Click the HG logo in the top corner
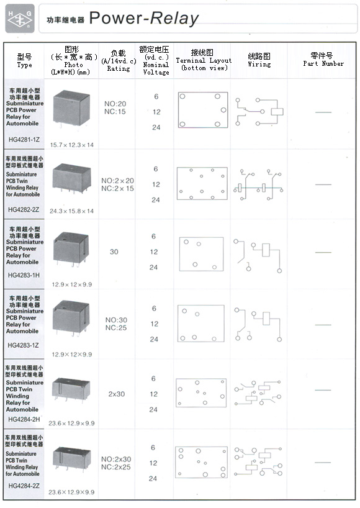click(20, 19)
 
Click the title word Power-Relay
click(144, 19)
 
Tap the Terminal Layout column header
click(204, 61)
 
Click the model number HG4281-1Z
click(24, 140)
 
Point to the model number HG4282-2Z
click(24, 210)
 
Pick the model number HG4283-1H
click(24, 275)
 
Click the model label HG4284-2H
click(24, 419)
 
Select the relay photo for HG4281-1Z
click(71, 109)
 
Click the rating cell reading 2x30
click(117, 394)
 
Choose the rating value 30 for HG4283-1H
click(114, 252)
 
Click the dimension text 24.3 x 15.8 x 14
click(71, 211)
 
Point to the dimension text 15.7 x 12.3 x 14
click(72, 145)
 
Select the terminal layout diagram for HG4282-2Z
click(202, 183)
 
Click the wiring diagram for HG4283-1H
click(258, 256)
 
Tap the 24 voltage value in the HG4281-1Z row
click(156, 127)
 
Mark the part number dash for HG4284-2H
click(323, 390)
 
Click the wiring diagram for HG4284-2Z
click(258, 462)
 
